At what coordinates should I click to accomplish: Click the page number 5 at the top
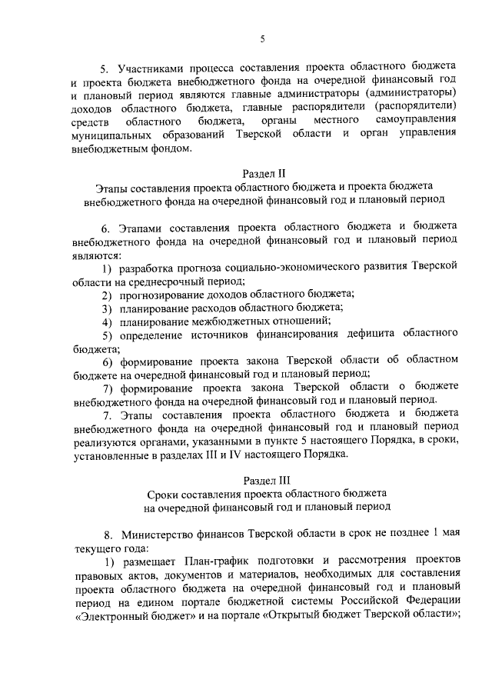pos(262,39)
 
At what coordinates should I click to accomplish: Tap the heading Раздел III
pos(264,478)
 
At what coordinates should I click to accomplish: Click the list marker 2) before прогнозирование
pos(108,295)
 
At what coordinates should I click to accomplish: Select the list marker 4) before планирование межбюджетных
pos(108,320)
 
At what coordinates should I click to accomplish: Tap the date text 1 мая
pos(446,533)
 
